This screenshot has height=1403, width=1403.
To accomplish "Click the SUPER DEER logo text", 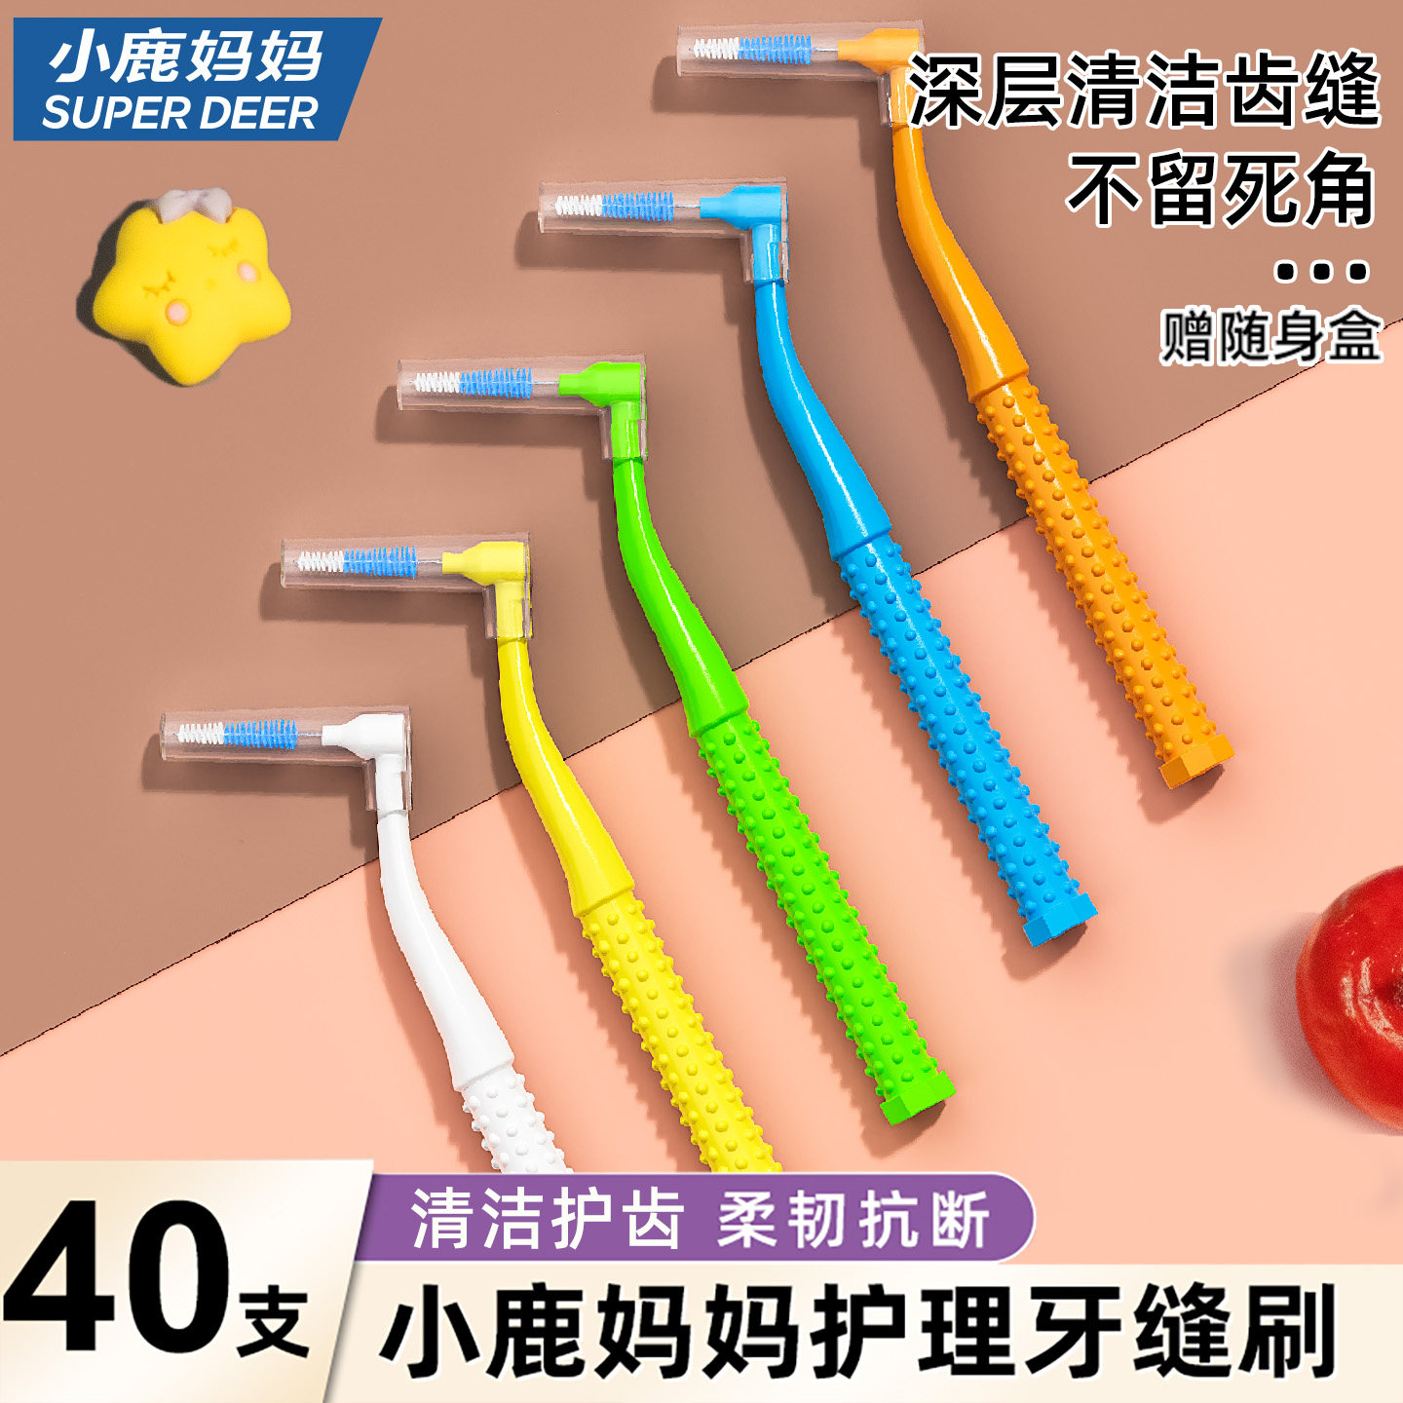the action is tap(180, 113).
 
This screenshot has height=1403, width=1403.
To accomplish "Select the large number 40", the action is tap(117, 1276).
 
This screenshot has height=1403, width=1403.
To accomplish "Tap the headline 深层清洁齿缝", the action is tap(1144, 90).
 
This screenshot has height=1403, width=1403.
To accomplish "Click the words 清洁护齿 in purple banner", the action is tap(546, 1219).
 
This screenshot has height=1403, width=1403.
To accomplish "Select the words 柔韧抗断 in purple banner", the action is tap(853, 1219).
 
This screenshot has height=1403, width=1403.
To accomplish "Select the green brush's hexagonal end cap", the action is tap(916, 1095).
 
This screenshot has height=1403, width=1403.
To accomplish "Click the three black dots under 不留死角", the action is tap(1322, 272).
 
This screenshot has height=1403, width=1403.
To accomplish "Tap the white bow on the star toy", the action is tap(195, 204).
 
